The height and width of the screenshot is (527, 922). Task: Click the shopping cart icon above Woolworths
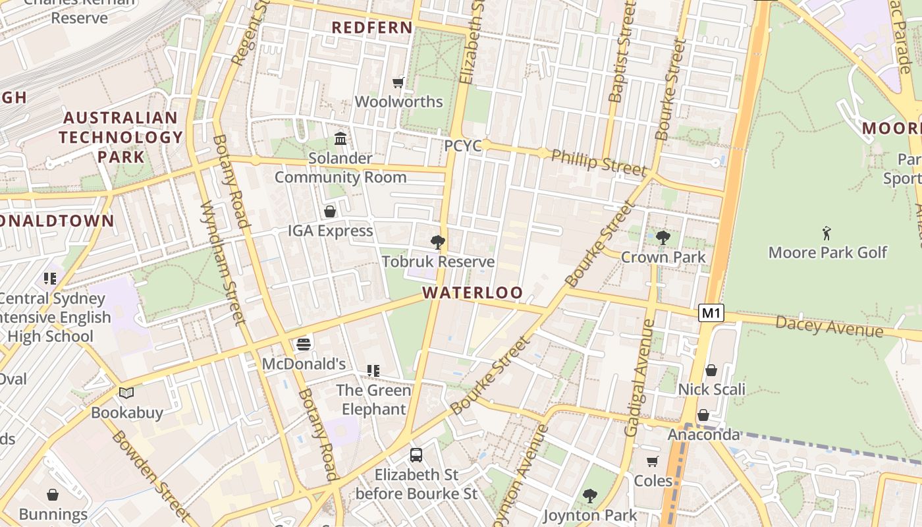(398, 82)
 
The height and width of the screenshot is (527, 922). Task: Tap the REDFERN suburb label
(372, 28)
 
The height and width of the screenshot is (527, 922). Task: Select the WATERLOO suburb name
(472, 292)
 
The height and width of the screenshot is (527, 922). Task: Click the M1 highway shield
(711, 313)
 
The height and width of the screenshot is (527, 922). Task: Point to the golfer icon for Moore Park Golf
(827, 233)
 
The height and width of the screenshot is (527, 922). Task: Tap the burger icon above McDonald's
(303, 344)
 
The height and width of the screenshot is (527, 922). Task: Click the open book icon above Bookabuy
(126, 393)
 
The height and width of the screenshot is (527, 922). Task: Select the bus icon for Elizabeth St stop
(416, 455)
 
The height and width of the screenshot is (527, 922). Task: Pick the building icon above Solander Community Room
(340, 139)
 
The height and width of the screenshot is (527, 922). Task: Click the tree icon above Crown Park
(663, 238)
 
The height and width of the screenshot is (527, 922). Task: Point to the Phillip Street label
(599, 162)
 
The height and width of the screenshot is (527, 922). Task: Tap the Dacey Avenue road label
(828, 326)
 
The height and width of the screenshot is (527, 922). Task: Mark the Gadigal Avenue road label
(639, 378)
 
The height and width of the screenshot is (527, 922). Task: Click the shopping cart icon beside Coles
(652, 461)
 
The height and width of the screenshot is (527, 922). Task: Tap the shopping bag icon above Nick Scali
(711, 370)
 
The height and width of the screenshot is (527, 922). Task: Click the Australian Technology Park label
(121, 137)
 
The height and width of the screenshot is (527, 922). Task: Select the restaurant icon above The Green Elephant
(373, 371)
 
